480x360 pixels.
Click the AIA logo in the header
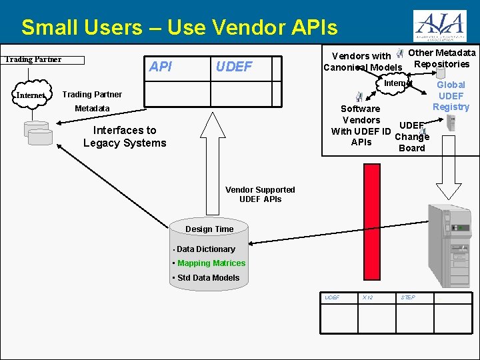(x=440, y=26)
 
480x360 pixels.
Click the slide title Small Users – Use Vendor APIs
(x=179, y=27)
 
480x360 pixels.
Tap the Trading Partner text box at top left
(x=44, y=60)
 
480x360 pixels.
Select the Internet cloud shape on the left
(x=30, y=95)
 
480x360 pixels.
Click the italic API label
(x=161, y=67)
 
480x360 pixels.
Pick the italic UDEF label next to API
(x=234, y=67)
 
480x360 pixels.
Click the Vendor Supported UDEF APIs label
(x=260, y=194)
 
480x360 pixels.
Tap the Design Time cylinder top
(x=209, y=229)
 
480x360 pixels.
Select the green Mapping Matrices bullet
(x=211, y=263)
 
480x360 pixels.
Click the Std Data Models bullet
(x=208, y=278)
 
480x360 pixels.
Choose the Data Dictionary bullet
(x=205, y=249)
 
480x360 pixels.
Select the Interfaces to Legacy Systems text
(x=125, y=137)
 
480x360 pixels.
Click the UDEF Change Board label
(x=411, y=137)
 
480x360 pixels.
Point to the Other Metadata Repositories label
(x=441, y=59)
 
